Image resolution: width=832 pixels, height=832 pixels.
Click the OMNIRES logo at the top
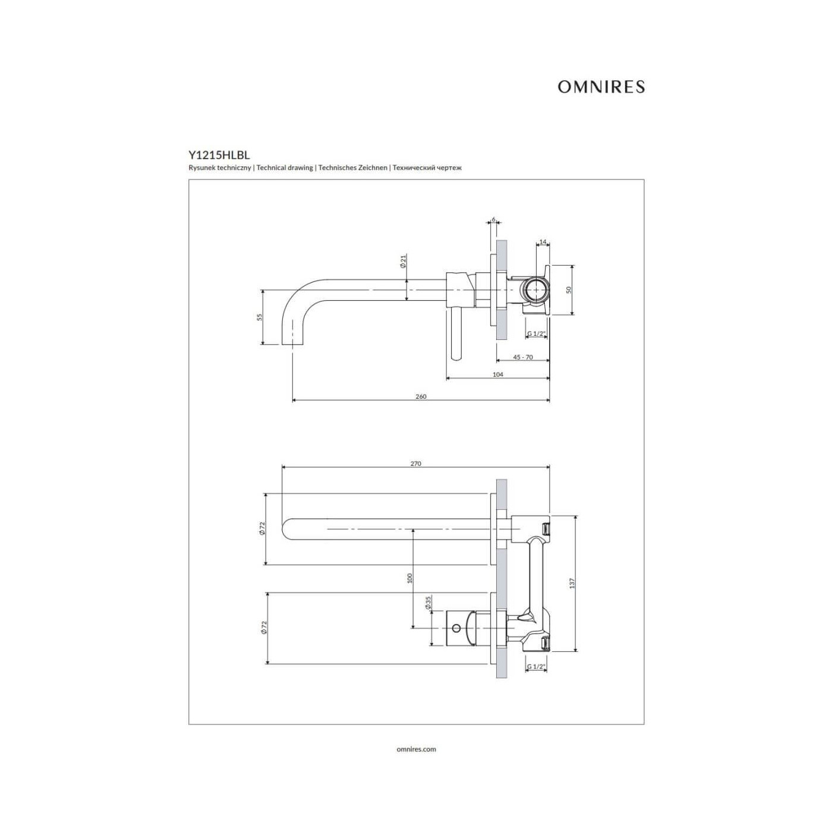tap(601, 87)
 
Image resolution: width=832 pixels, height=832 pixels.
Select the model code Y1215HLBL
tap(219, 155)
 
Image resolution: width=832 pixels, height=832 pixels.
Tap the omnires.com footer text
tap(416, 749)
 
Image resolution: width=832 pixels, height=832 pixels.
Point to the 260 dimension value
tap(421, 396)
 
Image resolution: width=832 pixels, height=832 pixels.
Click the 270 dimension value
tap(415, 464)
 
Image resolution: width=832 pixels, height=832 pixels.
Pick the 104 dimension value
tap(498, 374)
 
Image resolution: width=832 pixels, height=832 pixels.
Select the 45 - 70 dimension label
tap(523, 357)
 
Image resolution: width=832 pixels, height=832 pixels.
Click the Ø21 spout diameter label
tap(404, 261)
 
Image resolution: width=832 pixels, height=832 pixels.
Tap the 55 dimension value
tap(260, 317)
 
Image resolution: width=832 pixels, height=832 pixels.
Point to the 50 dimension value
tap(569, 289)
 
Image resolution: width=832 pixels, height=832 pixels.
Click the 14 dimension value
tap(543, 241)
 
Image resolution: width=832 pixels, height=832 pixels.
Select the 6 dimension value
tap(493, 219)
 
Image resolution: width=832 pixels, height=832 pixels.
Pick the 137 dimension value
tap(572, 584)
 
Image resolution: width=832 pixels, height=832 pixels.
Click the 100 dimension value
tap(409, 578)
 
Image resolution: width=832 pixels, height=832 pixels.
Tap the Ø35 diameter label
tap(428, 602)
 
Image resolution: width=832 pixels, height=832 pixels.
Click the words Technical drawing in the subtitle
tap(285, 168)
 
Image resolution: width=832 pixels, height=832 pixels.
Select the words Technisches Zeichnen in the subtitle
tap(353, 168)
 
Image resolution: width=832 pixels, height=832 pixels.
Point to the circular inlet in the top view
tap(535, 289)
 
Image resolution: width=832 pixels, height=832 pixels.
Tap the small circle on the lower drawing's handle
tap(456, 628)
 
